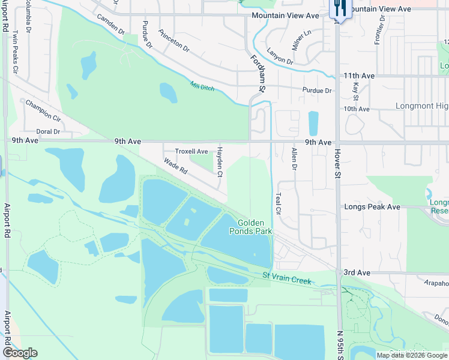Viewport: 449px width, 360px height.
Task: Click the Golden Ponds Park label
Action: click(250, 226)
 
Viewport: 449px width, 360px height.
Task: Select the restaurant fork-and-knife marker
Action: click(339, 9)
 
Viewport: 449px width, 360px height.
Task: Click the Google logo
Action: click(20, 353)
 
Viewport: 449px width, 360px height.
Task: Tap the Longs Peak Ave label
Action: click(372, 207)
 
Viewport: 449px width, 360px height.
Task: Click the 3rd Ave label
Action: click(357, 272)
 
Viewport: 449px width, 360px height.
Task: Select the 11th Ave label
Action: click(359, 76)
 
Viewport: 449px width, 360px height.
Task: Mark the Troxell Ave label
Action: click(191, 152)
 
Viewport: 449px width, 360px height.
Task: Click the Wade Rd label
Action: click(176, 166)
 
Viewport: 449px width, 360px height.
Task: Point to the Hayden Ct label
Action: click(220, 161)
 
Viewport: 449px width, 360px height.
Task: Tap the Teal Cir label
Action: click(278, 203)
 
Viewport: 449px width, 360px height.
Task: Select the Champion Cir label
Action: click(43, 110)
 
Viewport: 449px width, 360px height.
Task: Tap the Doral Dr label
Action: click(48, 131)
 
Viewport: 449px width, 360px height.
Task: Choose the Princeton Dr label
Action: click(173, 40)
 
